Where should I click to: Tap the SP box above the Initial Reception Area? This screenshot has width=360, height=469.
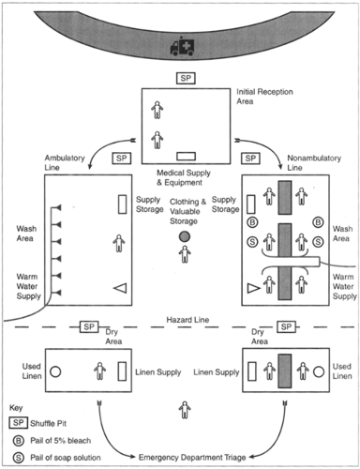pyautogui.click(x=186, y=76)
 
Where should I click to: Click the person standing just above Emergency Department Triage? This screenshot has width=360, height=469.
pyautogui.click(x=185, y=409)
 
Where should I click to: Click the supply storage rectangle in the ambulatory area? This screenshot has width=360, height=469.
pyautogui.click(x=122, y=204)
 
